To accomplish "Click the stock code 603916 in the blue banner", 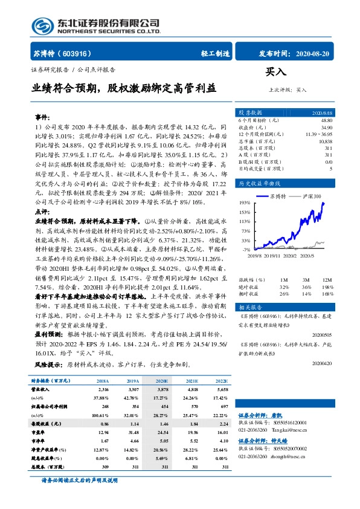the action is click(x=74, y=53).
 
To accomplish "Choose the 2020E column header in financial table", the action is click(x=161, y=381).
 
